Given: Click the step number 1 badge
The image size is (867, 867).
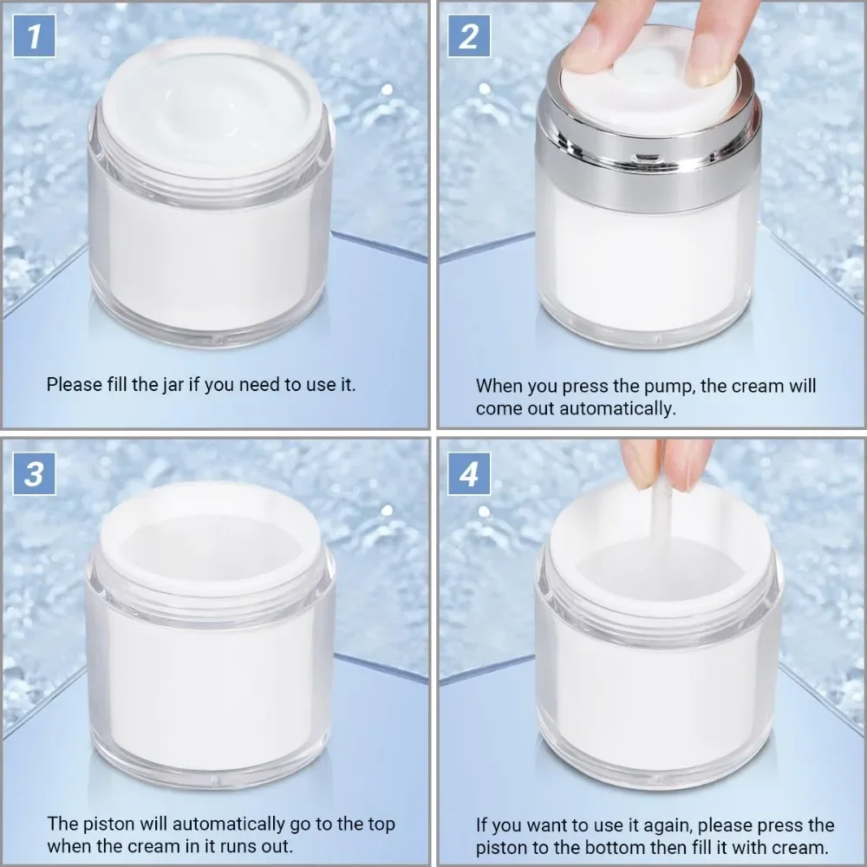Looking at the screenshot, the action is [35, 36].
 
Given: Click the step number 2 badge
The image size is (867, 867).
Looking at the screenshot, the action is [469, 36].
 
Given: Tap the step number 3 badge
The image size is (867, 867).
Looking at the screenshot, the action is [35, 474].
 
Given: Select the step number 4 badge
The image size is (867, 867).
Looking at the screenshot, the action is [469, 474].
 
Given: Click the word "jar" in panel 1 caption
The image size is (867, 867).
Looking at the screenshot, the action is [173, 385].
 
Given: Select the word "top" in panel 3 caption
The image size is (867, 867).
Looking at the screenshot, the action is [381, 825].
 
